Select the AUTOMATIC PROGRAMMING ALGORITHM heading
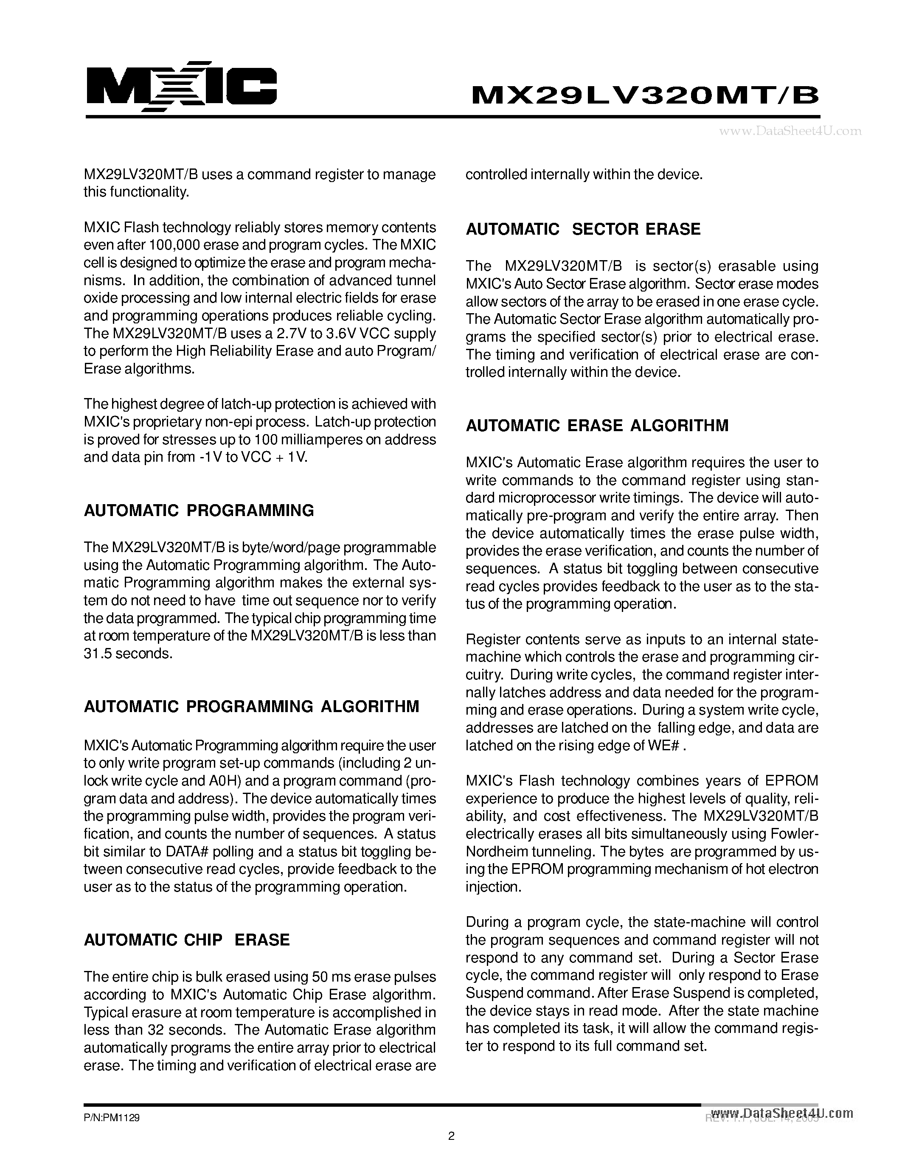[x=252, y=707]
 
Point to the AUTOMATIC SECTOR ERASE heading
[x=583, y=229]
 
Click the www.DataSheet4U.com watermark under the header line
[x=790, y=130]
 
